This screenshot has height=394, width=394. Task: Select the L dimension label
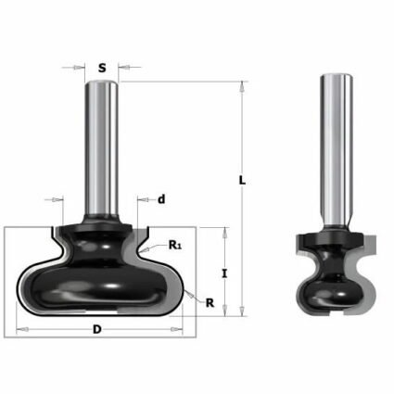243,182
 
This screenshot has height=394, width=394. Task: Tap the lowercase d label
161,198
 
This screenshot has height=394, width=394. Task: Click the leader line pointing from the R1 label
158,243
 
